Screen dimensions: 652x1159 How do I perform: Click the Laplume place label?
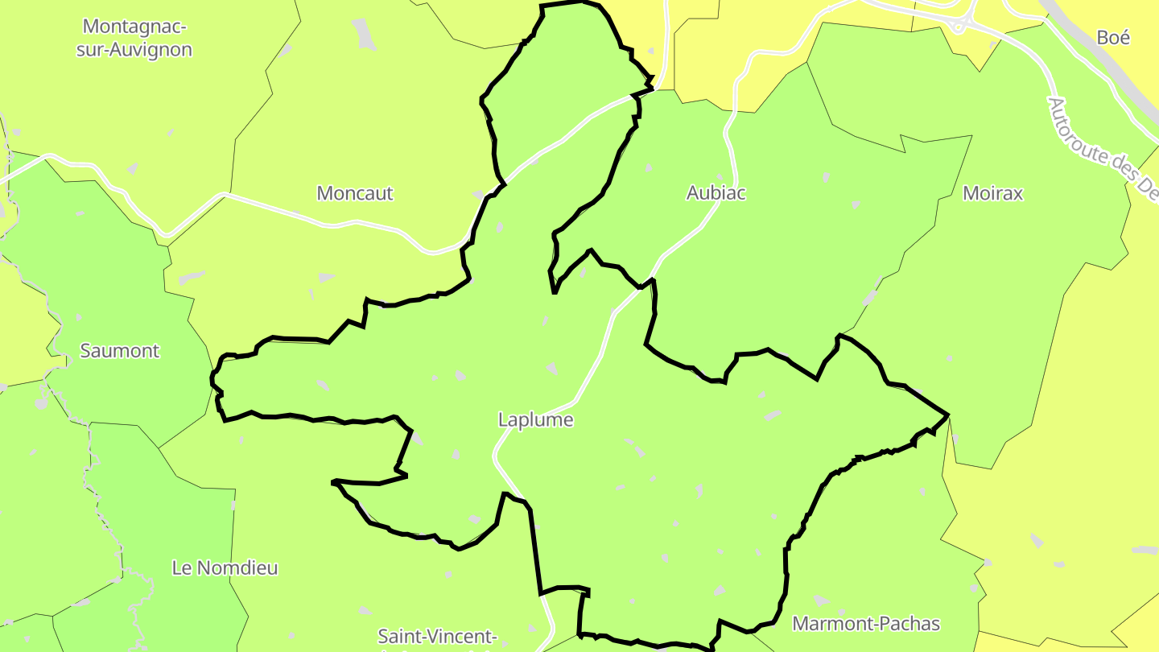pos(535,419)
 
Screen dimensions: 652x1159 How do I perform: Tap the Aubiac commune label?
pos(716,193)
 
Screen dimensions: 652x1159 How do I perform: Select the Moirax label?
pos(992,193)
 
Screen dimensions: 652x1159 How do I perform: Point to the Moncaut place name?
pos(355,193)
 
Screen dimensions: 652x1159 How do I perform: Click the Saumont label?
pos(120,351)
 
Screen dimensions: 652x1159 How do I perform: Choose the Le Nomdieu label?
pos(225,567)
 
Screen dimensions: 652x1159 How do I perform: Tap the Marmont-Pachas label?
pos(866,624)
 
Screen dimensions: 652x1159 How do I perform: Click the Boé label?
pos(1113,38)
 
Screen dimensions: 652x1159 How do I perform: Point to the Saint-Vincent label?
pos(438,638)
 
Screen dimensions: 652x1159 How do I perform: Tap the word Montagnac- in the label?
pos(134,27)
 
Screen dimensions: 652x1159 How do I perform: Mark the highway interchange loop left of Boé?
pos(959,25)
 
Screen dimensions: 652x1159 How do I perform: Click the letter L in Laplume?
pos(503,419)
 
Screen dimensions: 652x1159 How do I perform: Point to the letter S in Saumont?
pos(85,351)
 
